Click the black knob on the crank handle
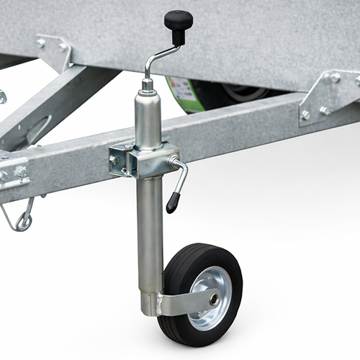pyautogui.click(x=178, y=19)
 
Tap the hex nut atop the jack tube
pyautogui.click(x=147, y=84)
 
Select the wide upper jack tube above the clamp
pyautogui.click(x=148, y=119)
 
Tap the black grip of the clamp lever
pyautogui.click(x=174, y=201)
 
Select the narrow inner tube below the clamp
pyautogui.click(x=149, y=230)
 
